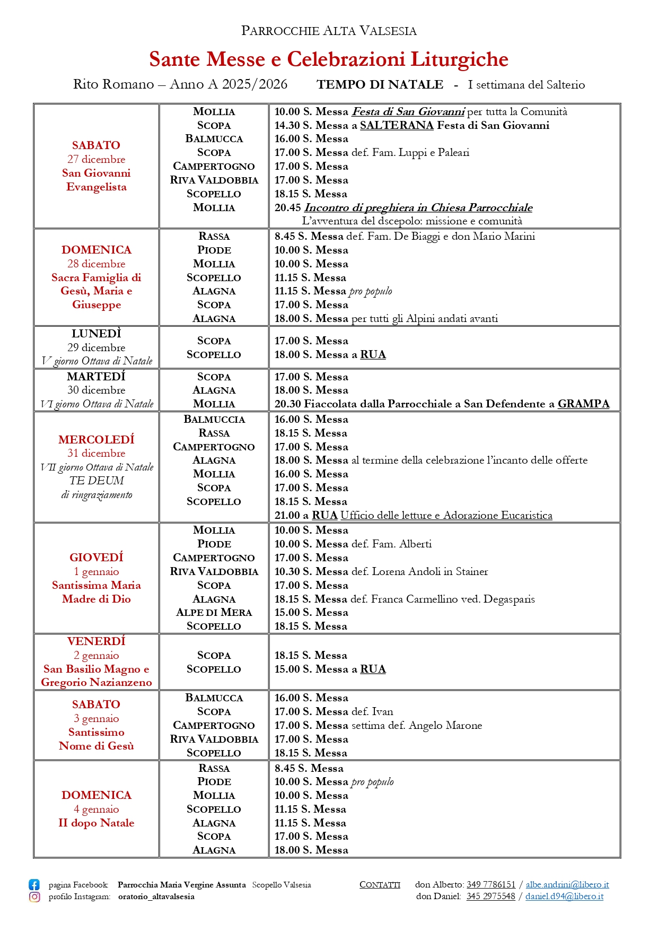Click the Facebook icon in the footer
coord(34,884)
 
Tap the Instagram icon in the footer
coord(34,897)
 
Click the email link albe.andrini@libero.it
coord(567,884)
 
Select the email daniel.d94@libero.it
coord(564,896)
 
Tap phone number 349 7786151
coord(490,884)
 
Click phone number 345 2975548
coord(490,896)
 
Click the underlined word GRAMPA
coord(583,404)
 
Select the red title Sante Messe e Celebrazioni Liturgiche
coord(329,59)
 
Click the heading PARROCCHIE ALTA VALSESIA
coord(329,31)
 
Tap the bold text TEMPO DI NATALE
coord(380,84)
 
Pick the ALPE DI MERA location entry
coord(214,612)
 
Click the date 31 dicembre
coord(96,453)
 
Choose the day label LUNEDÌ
coord(96,334)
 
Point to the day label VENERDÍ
coord(96,641)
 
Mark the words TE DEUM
coord(96,481)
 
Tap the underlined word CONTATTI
coord(380,884)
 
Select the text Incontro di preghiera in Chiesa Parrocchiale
coord(418,207)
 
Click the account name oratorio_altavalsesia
coord(156,897)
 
